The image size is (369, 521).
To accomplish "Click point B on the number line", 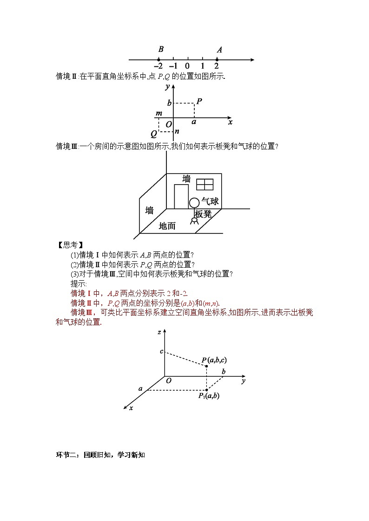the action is coord(159,59).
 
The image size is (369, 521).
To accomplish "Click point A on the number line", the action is coord(217,59).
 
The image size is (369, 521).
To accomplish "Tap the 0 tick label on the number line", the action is coord(187,66).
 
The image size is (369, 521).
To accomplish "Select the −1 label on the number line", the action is coord(173,66).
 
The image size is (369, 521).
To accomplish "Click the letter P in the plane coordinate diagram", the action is coord(199,101).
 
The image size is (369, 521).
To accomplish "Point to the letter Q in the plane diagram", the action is coord(153,134).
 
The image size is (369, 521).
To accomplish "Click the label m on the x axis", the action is coord(159,114).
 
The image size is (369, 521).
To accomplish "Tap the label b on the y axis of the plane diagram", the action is coord(170,103).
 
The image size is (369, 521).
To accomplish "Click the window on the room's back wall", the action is coord(204,185).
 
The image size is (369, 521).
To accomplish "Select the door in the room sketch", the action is coord(181,197).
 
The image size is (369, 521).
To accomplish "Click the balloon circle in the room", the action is coord(194,203).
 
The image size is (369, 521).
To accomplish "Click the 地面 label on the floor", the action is coord(167,226).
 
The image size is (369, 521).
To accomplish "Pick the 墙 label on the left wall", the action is coord(149,210).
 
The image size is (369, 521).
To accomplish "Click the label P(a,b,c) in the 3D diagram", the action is coord(214,360).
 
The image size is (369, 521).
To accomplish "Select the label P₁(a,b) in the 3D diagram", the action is coord(209,396).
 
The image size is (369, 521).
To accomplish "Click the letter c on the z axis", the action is coord(161,351).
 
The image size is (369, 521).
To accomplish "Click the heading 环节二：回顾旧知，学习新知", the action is coord(100,455).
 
